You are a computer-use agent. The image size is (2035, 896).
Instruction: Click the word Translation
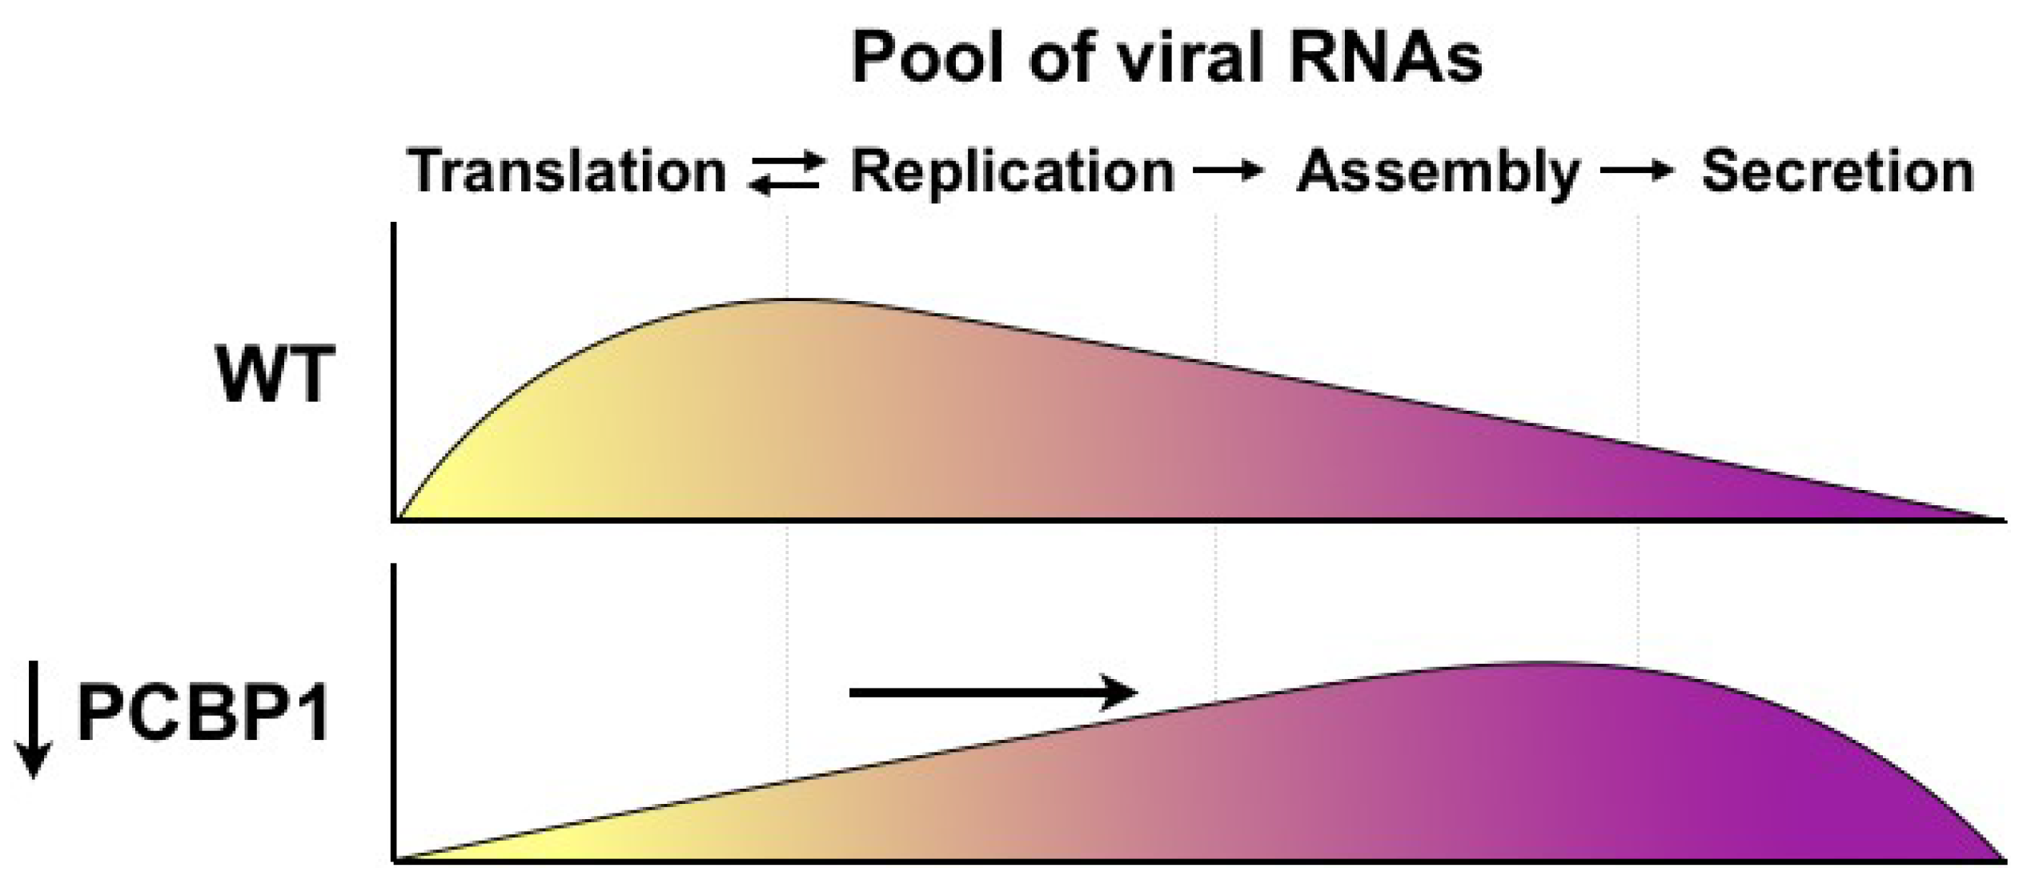(x=566, y=171)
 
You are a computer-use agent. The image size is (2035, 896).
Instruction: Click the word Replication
(x=1011, y=171)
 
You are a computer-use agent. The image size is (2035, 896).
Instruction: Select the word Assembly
(x=1437, y=173)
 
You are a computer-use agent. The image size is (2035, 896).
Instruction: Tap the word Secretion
(x=1837, y=171)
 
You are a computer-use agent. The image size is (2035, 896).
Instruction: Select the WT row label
(x=275, y=374)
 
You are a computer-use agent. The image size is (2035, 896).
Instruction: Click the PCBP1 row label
(x=204, y=714)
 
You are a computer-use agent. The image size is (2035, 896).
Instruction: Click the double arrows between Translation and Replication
(x=786, y=172)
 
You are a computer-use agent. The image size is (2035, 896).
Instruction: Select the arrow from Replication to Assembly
(x=1229, y=171)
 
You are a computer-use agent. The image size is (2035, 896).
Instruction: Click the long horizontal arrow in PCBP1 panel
(x=993, y=692)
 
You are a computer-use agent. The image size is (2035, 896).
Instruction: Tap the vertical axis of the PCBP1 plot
(x=394, y=713)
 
